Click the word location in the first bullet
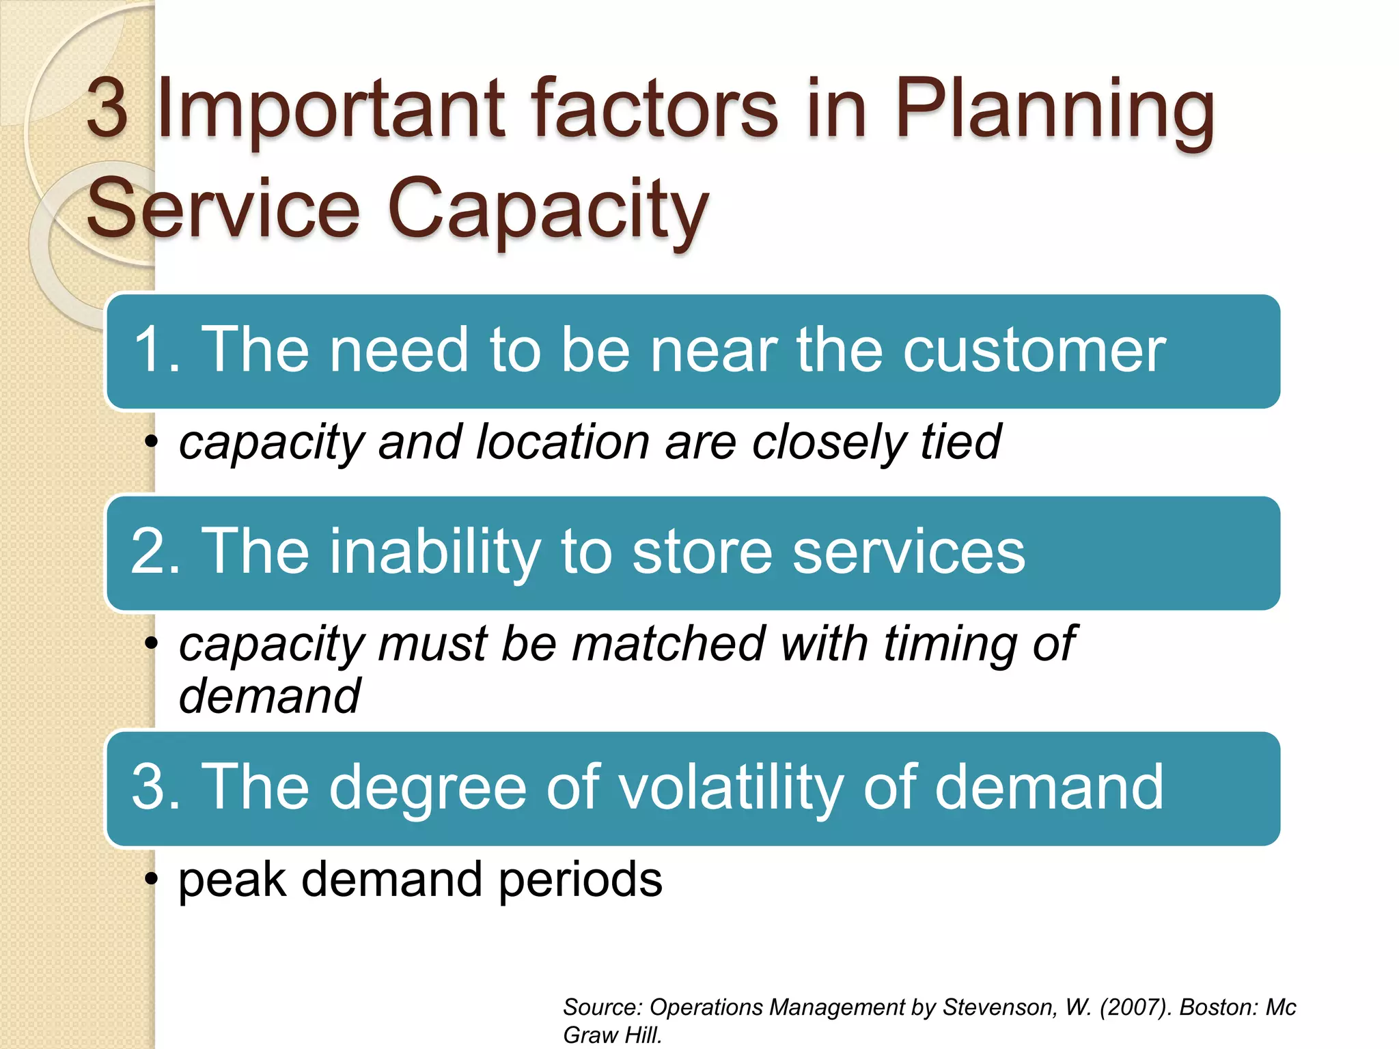click(x=563, y=442)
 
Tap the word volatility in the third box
click(x=718, y=787)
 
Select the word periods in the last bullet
click(x=580, y=880)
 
